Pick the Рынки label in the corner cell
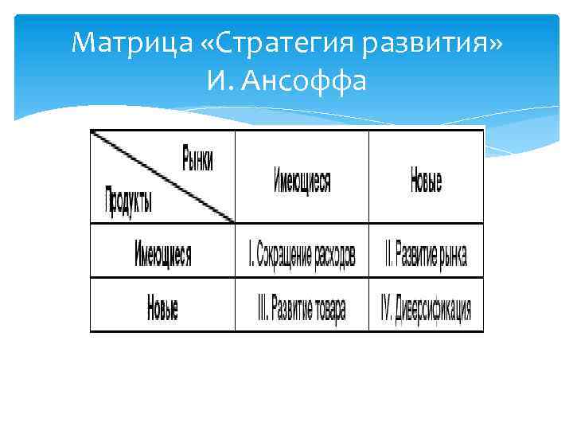(x=197, y=158)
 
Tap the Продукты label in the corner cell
(x=129, y=199)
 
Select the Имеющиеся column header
(x=302, y=182)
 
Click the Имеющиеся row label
(x=163, y=255)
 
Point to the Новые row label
(x=162, y=307)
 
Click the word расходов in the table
(x=333, y=256)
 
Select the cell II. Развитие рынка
(x=426, y=256)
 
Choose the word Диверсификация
(x=435, y=309)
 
